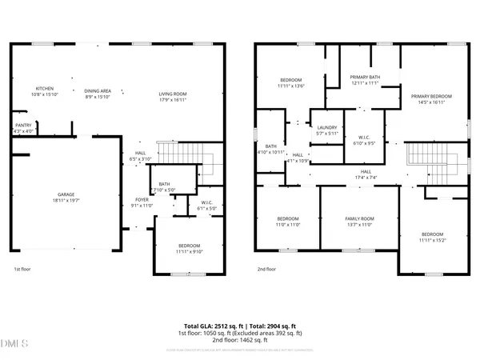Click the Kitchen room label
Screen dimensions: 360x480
pyautogui.click(x=43, y=89)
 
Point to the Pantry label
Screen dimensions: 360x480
pyautogui.click(x=22, y=126)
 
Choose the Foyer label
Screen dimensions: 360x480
pyautogui.click(x=140, y=200)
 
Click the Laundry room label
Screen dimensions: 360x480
pyautogui.click(x=326, y=127)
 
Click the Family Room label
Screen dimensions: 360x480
pyautogui.click(x=358, y=218)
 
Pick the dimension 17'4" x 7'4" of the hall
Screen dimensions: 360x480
pyautogui.click(x=365, y=178)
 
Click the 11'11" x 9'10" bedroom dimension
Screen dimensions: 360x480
pyautogui.click(x=190, y=251)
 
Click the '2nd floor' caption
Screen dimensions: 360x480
pyautogui.click(x=266, y=270)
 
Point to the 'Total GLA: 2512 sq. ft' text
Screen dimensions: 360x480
pyautogui.click(x=210, y=326)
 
